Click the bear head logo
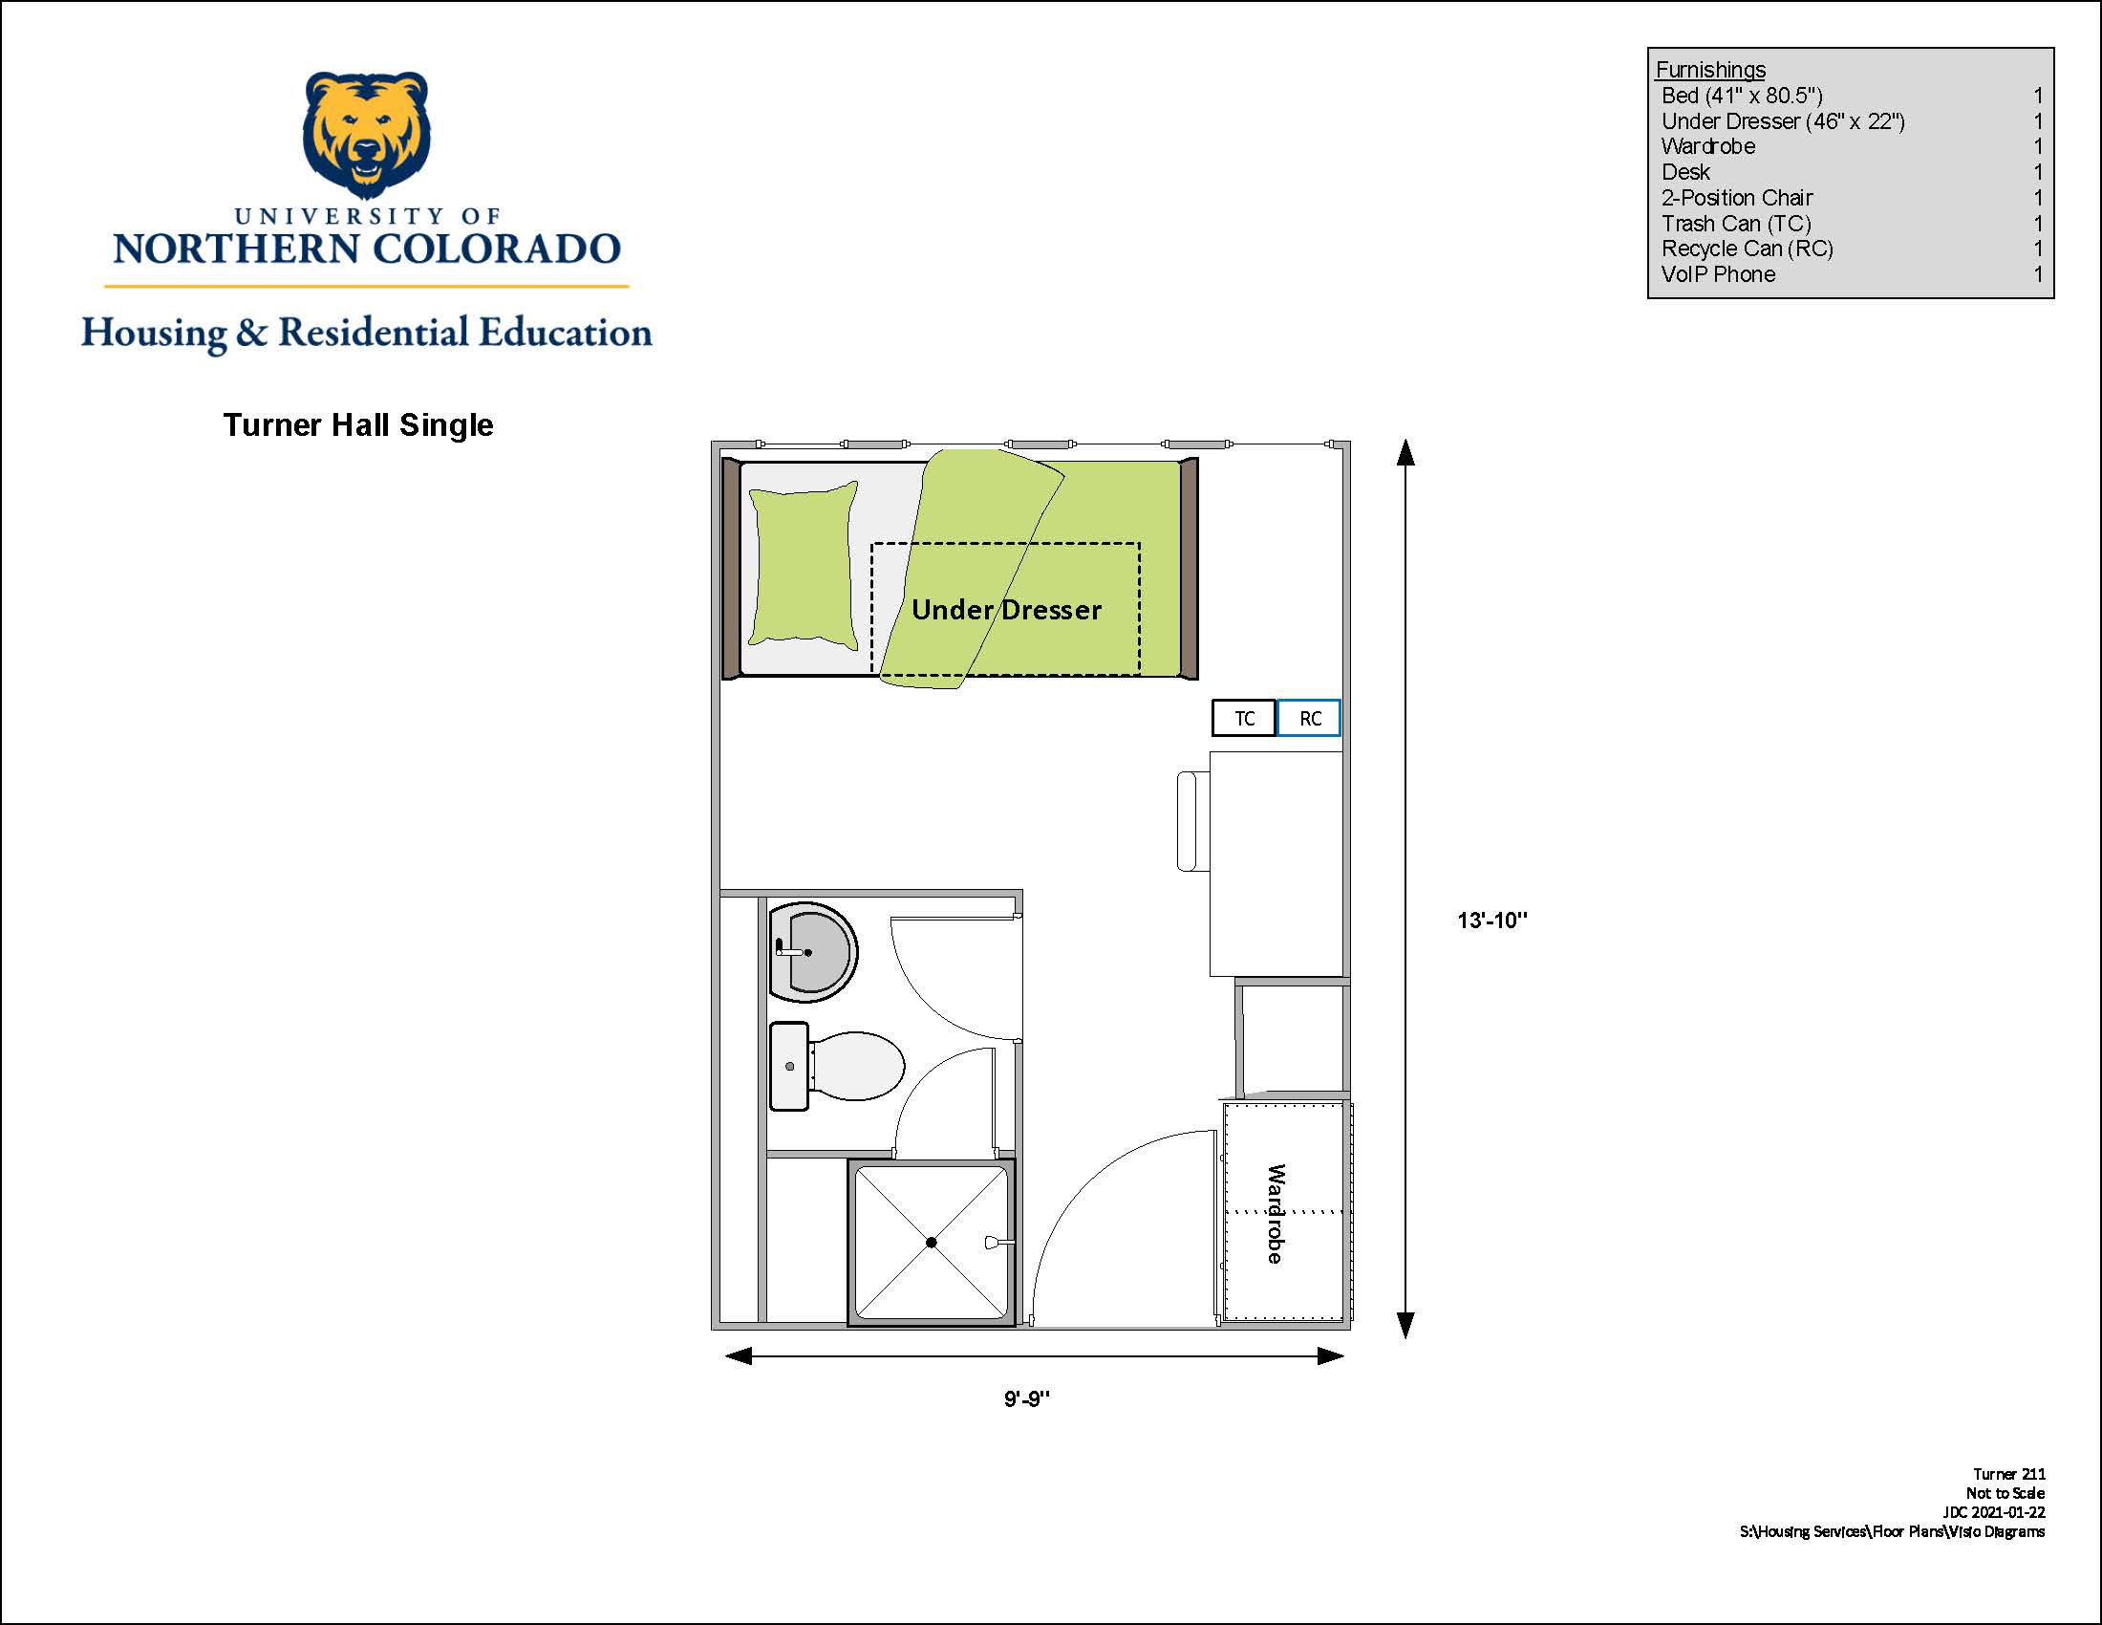pyautogui.click(x=366, y=135)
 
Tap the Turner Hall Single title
pyautogui.click(x=358, y=424)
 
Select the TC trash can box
pyautogui.click(x=1243, y=718)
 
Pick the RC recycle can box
pyautogui.click(x=1309, y=718)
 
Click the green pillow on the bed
pyautogui.click(x=803, y=563)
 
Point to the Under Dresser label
pyautogui.click(x=1006, y=610)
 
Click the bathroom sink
pyautogui.click(x=812, y=952)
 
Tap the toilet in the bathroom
pyautogui.click(x=836, y=1067)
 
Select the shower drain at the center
pyautogui.click(x=931, y=1242)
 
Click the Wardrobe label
pyautogui.click(x=1276, y=1213)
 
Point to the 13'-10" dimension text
pyautogui.click(x=1491, y=921)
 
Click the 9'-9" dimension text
pyautogui.click(x=1027, y=1398)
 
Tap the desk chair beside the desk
pyautogui.click(x=1192, y=821)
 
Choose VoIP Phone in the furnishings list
pyautogui.click(x=1718, y=274)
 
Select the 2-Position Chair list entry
pyautogui.click(x=1736, y=197)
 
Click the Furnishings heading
pyautogui.click(x=1710, y=70)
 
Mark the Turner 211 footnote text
pyautogui.click(x=2008, y=1474)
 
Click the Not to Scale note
pyautogui.click(x=2005, y=1493)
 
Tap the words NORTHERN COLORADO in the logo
pyautogui.click(x=367, y=249)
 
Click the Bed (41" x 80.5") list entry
pyautogui.click(x=1742, y=96)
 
